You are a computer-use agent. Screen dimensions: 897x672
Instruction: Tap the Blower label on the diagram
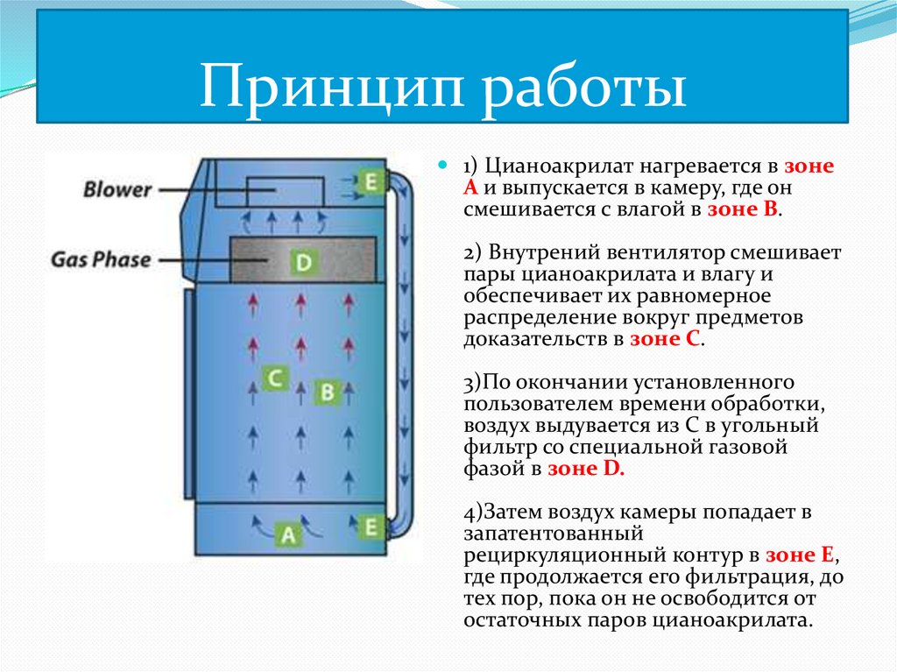117,189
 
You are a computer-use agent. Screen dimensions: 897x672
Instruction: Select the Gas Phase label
100,259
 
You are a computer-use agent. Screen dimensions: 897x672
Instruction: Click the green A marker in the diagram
287,534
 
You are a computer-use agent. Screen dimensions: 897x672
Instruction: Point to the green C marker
275,378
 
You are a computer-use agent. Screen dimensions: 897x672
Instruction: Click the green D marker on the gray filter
302,262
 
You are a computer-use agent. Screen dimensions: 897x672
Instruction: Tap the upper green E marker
371,181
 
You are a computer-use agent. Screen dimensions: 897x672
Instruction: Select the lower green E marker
370,527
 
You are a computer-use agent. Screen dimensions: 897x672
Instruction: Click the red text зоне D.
585,469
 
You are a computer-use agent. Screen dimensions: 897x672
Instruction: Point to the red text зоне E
802,555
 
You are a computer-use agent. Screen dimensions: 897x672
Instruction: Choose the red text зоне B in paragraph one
744,210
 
